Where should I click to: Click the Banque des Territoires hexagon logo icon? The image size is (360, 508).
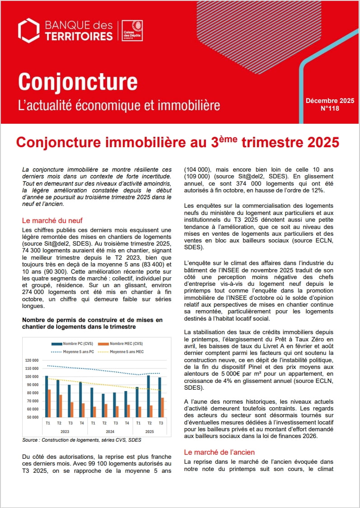[x=29, y=31]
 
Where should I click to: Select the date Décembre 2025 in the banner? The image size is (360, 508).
[x=330, y=101]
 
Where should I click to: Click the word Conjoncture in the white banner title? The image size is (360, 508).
[x=78, y=82]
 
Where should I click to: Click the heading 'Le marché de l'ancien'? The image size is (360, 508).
[x=219, y=452]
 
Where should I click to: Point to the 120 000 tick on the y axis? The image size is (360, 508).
[x=32, y=360]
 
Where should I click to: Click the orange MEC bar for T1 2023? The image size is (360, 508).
[x=49, y=403]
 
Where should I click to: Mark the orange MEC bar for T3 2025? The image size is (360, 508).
[x=162, y=407]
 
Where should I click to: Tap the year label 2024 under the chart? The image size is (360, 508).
[x=109, y=432]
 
